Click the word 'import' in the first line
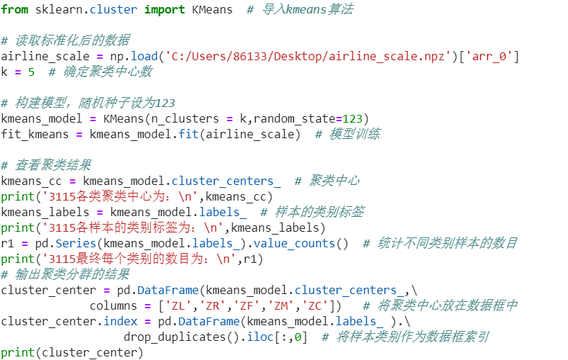(x=164, y=9)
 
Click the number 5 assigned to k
(x=31, y=72)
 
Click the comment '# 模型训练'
(x=347, y=134)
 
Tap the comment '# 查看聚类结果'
(x=46, y=165)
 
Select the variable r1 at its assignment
(x=8, y=243)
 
